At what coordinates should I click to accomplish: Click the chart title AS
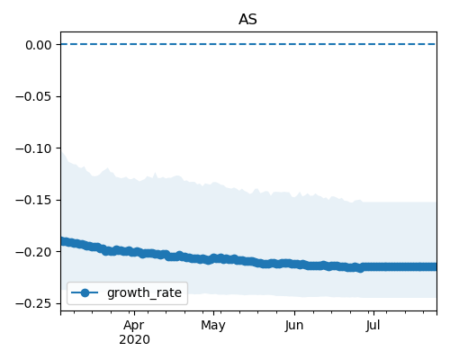[x=247, y=20]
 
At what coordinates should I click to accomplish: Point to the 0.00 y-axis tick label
[x=39, y=45]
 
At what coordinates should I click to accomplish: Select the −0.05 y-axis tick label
[x=33, y=97]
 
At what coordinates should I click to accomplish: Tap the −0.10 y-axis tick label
[x=33, y=148]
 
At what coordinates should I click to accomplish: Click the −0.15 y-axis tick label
[x=33, y=201]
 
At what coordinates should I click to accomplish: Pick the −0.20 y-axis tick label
[x=33, y=252]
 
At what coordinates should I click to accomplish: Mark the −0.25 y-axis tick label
[x=33, y=304]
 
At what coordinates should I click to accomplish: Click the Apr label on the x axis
[x=134, y=326]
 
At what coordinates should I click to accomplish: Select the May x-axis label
[x=213, y=326]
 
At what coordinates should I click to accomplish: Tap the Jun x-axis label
[x=294, y=326]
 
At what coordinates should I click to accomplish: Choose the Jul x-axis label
[x=373, y=326]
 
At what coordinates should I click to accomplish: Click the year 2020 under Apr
[x=134, y=340]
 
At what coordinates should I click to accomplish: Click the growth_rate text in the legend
[x=144, y=293]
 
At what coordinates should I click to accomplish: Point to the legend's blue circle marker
[x=85, y=292]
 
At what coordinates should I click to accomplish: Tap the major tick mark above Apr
[x=134, y=313]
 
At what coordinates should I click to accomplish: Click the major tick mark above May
[x=213, y=313]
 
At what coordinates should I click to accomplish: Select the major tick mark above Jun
[x=294, y=313]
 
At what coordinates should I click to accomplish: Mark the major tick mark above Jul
[x=373, y=313]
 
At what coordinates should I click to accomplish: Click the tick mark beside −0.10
[x=58, y=148]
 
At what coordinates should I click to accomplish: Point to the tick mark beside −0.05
[x=58, y=96]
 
